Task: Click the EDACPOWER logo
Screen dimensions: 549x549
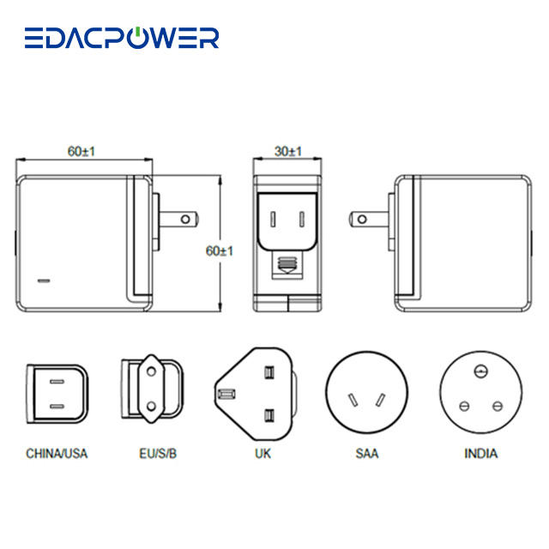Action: [x=121, y=38]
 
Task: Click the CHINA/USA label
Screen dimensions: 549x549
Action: [x=57, y=453]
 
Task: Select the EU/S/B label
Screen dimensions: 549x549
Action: [x=154, y=453]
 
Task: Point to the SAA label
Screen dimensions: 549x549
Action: [x=363, y=453]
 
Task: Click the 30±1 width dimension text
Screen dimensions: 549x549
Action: [x=289, y=151]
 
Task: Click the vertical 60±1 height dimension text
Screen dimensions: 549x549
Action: [x=220, y=250]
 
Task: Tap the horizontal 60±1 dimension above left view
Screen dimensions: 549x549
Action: [x=81, y=151]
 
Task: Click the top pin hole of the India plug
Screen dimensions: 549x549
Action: [x=480, y=371]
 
